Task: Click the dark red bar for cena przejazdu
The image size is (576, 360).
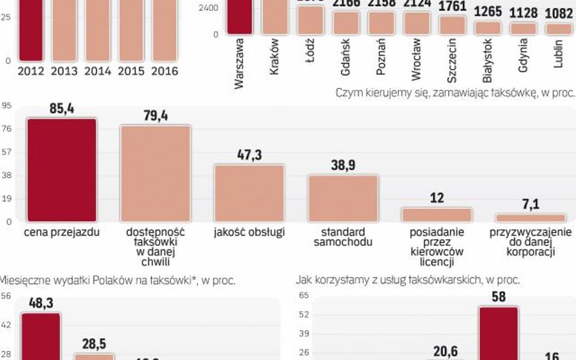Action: pyautogui.click(x=61, y=170)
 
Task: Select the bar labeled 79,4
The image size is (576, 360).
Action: pyautogui.click(x=155, y=174)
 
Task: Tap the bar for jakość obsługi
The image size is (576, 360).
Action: pyautogui.click(x=249, y=193)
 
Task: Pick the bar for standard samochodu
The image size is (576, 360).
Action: pyautogui.click(x=343, y=198)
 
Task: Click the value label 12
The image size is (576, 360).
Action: pyautogui.click(x=436, y=198)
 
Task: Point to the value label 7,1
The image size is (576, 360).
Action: pyautogui.click(x=530, y=205)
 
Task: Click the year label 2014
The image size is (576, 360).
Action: pyautogui.click(x=97, y=71)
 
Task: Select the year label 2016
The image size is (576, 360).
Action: pyautogui.click(x=164, y=71)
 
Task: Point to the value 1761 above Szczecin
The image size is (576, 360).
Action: pyautogui.click(x=452, y=7)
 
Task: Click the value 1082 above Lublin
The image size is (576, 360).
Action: pyautogui.click(x=558, y=12)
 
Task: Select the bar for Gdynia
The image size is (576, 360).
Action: pyautogui.click(x=523, y=29)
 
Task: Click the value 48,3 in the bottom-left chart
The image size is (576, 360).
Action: pyautogui.click(x=41, y=303)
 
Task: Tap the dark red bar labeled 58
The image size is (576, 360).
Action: pyautogui.click(x=498, y=333)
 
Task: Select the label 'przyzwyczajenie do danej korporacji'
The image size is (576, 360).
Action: pyautogui.click(x=530, y=242)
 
